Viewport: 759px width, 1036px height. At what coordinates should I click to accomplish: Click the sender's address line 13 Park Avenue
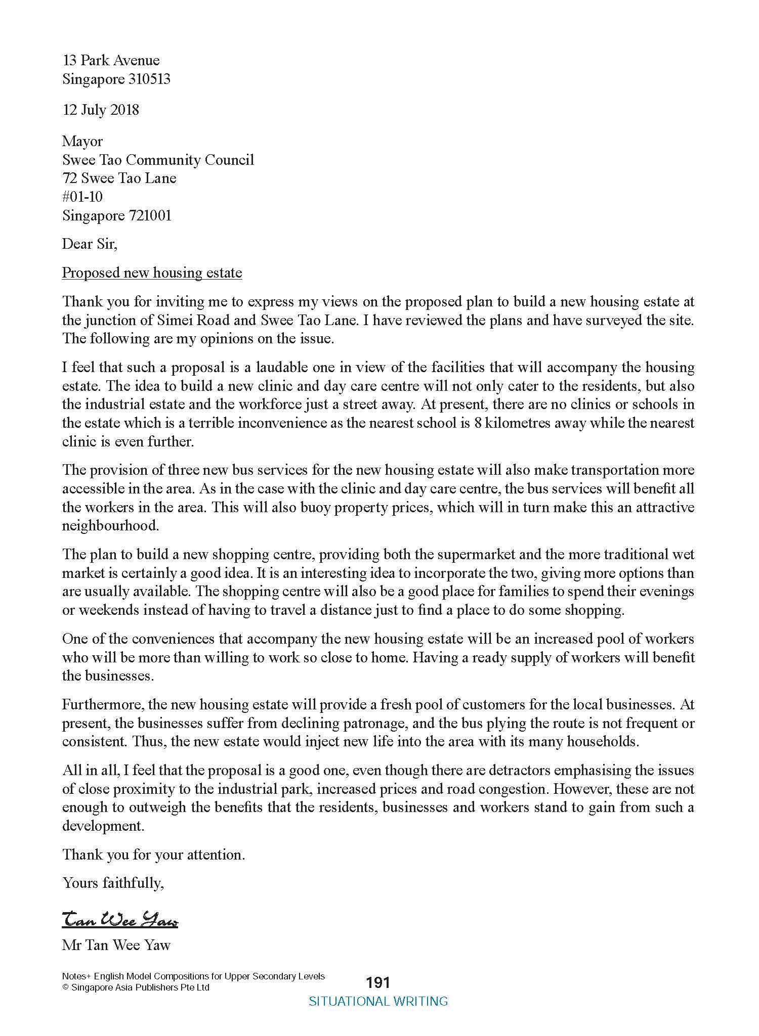point(111,60)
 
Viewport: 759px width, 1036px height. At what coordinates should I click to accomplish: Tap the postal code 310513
point(147,79)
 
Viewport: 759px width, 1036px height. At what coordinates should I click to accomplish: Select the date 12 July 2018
point(100,110)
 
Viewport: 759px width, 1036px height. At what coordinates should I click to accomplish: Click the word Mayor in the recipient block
point(82,142)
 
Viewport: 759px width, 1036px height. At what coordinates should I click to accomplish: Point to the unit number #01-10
point(82,197)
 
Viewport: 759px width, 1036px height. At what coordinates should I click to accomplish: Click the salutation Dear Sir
point(89,244)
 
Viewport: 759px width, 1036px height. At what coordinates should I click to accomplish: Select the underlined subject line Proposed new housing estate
point(152,273)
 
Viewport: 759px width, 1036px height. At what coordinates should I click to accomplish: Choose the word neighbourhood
point(110,526)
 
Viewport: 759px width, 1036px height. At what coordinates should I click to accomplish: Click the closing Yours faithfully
point(113,883)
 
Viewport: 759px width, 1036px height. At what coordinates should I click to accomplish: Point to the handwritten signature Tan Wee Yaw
point(120,920)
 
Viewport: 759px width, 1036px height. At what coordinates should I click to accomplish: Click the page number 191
point(378,982)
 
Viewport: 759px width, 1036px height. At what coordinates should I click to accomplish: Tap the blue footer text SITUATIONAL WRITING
point(378,1001)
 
